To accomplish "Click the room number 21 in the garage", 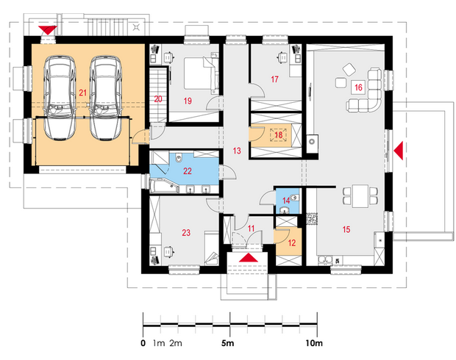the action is click(83, 93).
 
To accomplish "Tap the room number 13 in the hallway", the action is click(237, 151).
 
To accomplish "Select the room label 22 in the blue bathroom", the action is click(188, 171).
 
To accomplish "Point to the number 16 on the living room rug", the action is click(358, 87).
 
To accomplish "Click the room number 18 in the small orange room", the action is click(278, 135).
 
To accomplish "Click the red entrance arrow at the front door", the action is click(249, 258).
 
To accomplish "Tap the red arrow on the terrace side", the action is click(399, 151).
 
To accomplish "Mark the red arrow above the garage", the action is click(47, 30).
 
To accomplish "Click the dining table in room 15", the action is click(360, 195).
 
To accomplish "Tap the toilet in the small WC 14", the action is click(294, 198).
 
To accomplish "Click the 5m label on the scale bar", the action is click(228, 343).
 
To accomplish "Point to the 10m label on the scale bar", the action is click(314, 343).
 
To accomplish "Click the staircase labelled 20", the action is click(159, 95).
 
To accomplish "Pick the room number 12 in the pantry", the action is click(292, 242).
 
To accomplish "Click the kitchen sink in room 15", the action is click(325, 259).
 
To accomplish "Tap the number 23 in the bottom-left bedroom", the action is click(186, 232).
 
